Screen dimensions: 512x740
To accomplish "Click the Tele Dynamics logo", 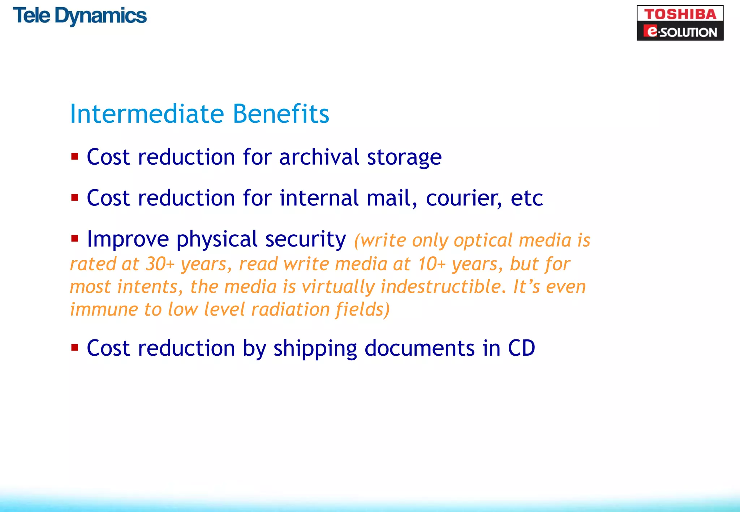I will click(80, 16).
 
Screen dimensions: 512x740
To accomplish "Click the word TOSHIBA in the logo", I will click(680, 14).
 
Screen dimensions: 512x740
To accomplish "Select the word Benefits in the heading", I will click(281, 114).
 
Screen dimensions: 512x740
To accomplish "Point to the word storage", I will click(404, 158).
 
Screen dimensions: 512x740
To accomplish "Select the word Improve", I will click(128, 239).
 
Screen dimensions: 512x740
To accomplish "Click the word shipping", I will click(315, 349).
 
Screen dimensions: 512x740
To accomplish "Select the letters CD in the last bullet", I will click(521, 348).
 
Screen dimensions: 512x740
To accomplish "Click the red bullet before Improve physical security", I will click(75, 238).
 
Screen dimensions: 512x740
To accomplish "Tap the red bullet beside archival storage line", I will click(75, 157).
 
